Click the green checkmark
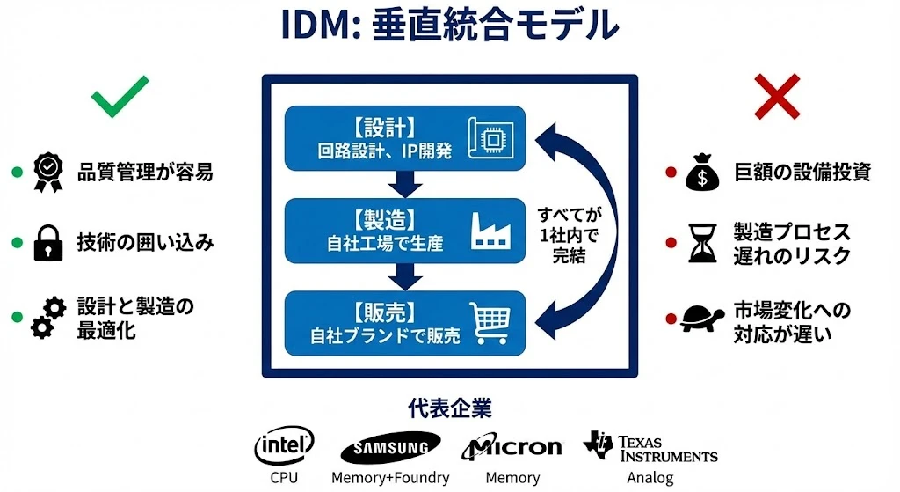pos(120,97)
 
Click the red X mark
pos(778,96)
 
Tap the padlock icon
pos(47,243)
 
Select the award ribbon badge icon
pos(47,173)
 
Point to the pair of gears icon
pos(47,318)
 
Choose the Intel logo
pos(284,446)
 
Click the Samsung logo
pos(390,448)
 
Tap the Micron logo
pos(512,447)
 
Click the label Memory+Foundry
pos(390,478)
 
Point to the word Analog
pos(650,478)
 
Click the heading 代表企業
pos(450,408)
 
